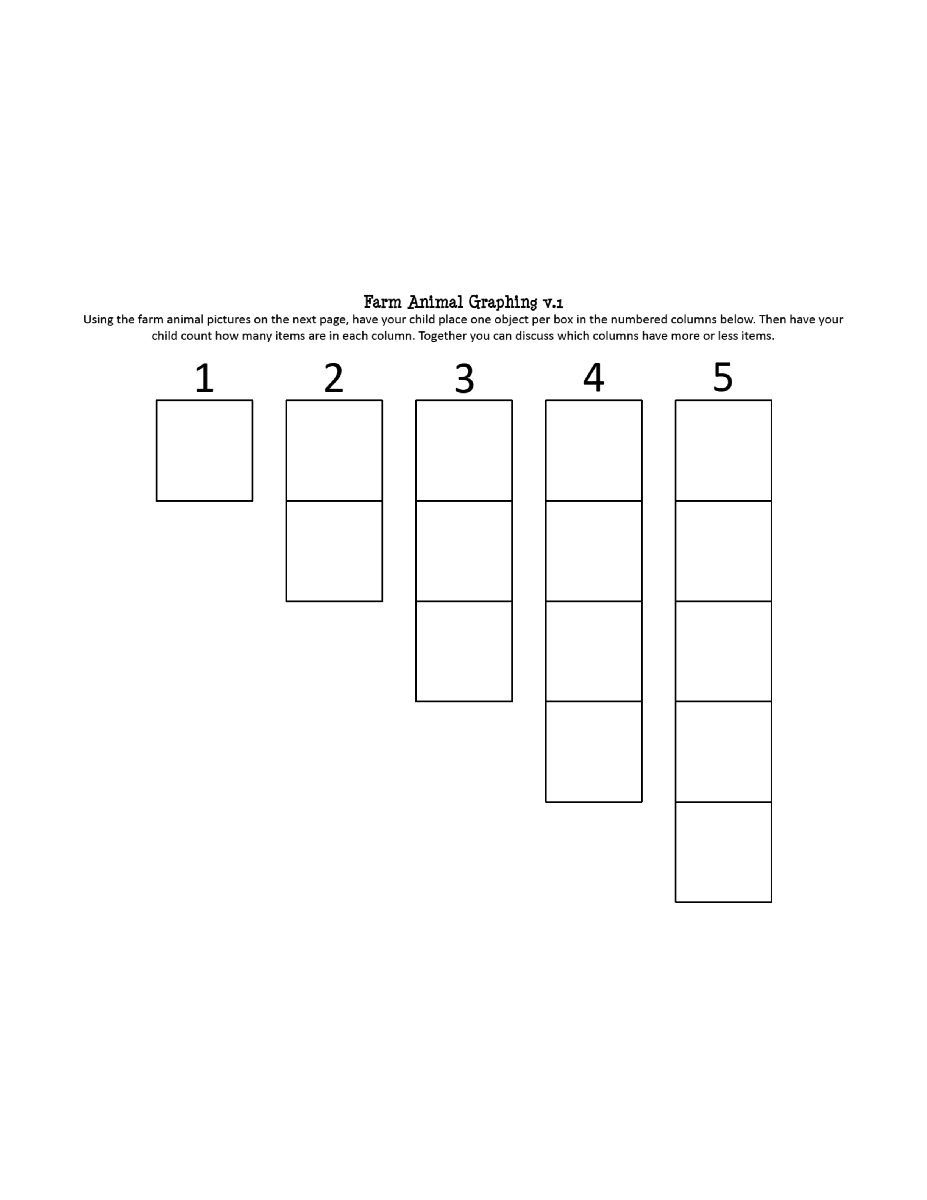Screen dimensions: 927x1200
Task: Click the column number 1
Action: pos(204,378)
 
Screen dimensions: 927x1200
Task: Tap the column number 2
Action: pos(334,378)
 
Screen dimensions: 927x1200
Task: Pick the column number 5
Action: pos(723,378)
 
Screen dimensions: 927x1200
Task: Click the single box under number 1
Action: pos(204,450)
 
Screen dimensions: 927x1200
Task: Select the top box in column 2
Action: pos(334,450)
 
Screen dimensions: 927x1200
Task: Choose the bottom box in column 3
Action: pos(464,652)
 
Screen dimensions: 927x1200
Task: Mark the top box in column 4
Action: pos(594,450)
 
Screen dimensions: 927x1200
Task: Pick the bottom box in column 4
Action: pos(594,752)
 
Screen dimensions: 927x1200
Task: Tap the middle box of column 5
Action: pos(723,652)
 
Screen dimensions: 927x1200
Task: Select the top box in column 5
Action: pos(723,450)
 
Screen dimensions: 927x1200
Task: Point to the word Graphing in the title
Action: pos(503,303)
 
